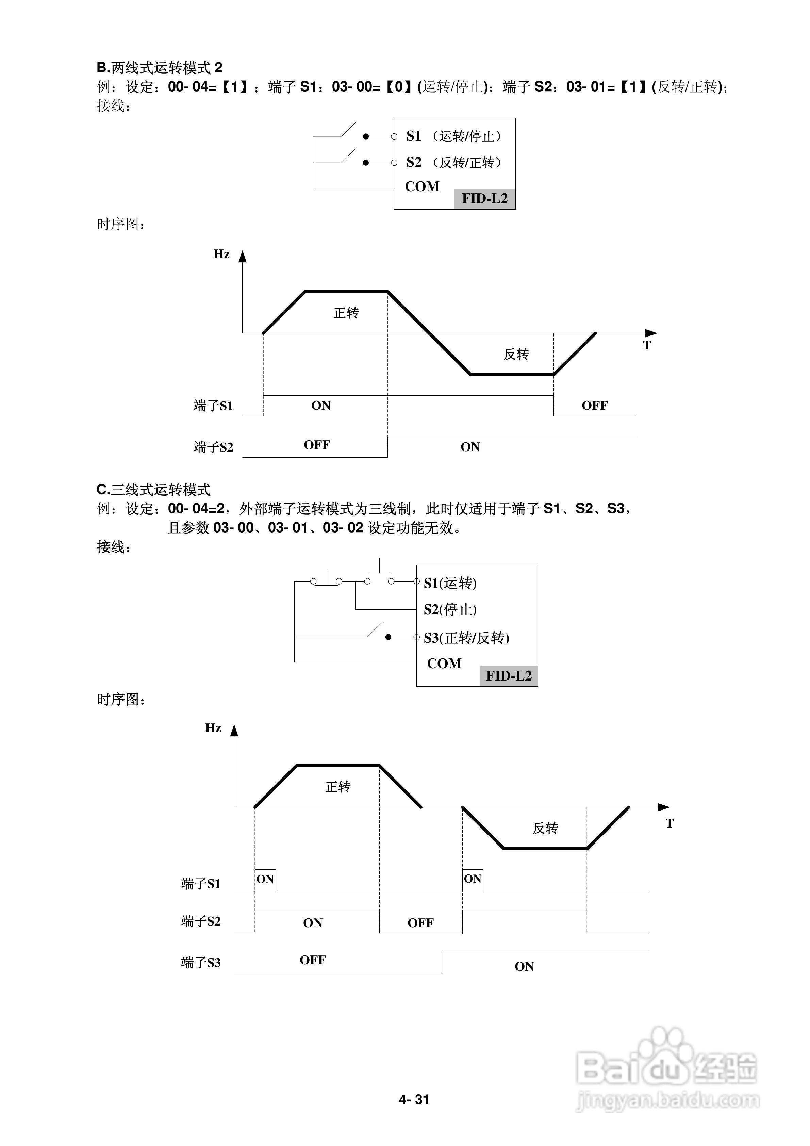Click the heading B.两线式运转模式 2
[159, 68]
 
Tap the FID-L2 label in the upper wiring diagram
[484, 199]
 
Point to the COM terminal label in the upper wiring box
[422, 187]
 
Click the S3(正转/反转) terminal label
[466, 638]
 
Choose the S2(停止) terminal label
[450, 609]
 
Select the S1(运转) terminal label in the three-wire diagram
[450, 583]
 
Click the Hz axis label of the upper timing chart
[221, 255]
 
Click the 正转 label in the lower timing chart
[338, 787]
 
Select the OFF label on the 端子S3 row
[312, 960]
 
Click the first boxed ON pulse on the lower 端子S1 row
[265, 879]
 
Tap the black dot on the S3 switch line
[388, 637]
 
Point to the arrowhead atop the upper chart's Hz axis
[243, 257]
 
